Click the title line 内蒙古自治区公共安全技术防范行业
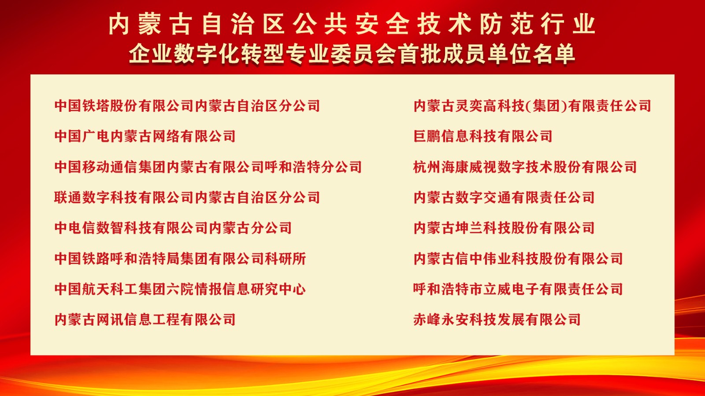[x=352, y=24]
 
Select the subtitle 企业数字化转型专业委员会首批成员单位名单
[x=352, y=54]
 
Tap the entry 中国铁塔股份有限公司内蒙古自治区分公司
[x=187, y=106]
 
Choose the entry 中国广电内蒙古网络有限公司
[x=145, y=136]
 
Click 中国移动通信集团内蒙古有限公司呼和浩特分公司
[x=208, y=167]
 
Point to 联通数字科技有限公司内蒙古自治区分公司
[x=187, y=198]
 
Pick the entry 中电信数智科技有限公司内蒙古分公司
[x=173, y=228]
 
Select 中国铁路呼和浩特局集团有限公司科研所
[x=180, y=259]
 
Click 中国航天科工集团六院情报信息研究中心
[x=180, y=289]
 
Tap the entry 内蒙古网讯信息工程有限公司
[x=145, y=319]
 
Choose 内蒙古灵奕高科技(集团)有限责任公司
[x=532, y=106]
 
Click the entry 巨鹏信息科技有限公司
[x=483, y=136]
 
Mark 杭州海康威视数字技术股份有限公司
[x=525, y=167]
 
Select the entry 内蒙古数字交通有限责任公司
[x=504, y=198]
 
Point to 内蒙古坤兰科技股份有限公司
[x=504, y=228]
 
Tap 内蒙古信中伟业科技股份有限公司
[x=518, y=259]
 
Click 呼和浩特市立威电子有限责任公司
[x=518, y=289]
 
